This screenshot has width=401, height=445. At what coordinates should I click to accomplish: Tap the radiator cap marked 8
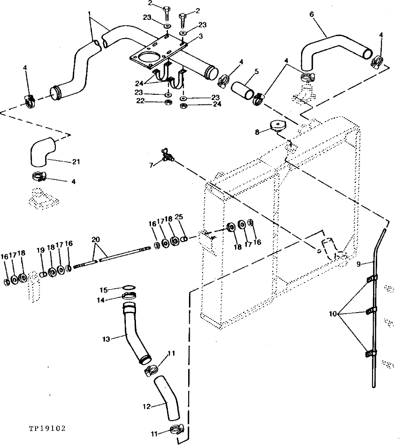pos(278,126)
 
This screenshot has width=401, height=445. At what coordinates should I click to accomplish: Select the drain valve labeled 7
pos(167,155)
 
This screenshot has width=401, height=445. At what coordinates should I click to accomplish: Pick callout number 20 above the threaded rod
pos(96,239)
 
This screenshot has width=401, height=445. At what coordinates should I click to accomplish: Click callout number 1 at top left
pos(89,13)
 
